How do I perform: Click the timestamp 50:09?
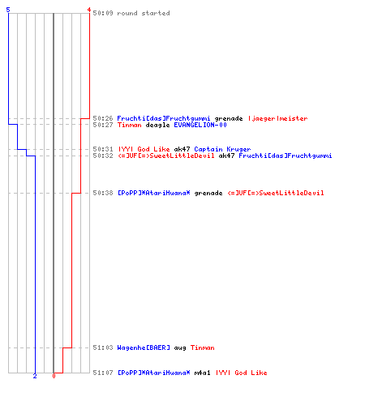(x=103, y=13)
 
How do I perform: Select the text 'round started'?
(x=144, y=13)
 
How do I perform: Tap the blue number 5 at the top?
(x=8, y=10)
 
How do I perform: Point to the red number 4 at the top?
(x=88, y=10)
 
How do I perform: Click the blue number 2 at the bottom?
(x=35, y=376)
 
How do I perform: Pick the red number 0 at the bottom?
(x=54, y=376)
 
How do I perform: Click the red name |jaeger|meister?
(x=277, y=118)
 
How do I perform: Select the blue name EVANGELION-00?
(x=200, y=125)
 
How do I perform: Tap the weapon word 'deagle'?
(x=157, y=125)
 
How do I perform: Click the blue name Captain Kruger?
(x=222, y=149)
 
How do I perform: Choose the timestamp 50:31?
(x=103, y=149)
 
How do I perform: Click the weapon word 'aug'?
(x=180, y=347)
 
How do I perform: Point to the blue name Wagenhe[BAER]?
(x=144, y=347)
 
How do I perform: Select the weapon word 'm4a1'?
(x=202, y=373)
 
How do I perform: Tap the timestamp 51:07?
(x=103, y=373)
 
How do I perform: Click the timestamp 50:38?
(x=103, y=193)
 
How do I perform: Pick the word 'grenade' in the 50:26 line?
(x=229, y=118)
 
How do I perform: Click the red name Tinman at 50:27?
(x=129, y=125)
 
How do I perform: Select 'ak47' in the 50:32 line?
(x=226, y=156)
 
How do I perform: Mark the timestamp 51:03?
(x=103, y=347)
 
